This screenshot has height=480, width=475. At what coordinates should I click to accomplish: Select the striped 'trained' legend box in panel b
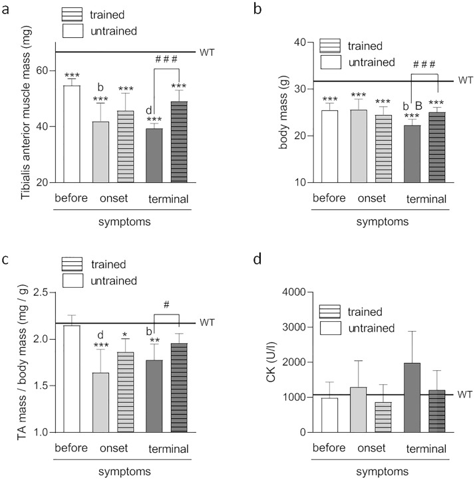click(x=331, y=45)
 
